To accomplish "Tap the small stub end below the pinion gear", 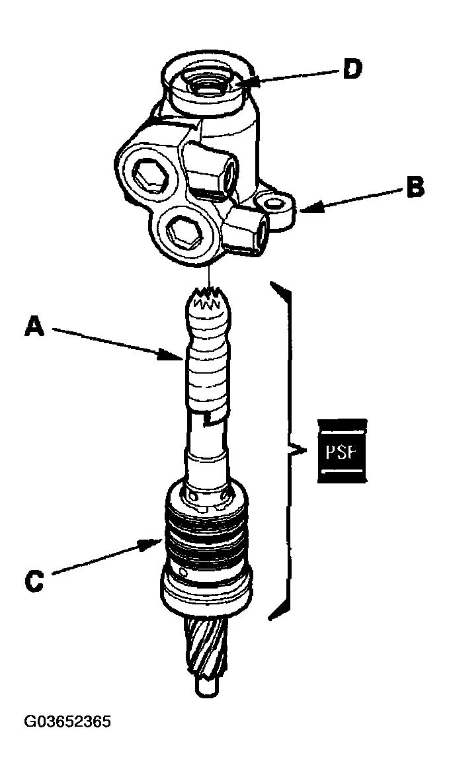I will [x=205, y=686].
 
